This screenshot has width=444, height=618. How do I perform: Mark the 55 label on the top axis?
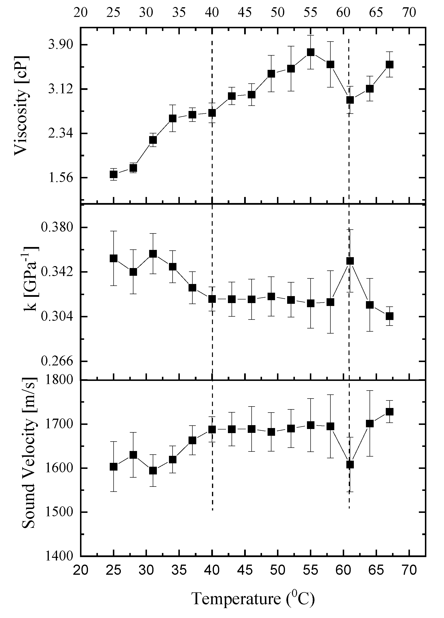tap(310, 13)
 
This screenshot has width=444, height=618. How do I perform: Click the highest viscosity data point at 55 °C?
tap(310, 52)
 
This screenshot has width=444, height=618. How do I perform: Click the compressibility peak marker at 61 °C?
tap(350, 261)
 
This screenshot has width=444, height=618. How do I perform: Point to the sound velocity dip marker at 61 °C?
tap(350, 465)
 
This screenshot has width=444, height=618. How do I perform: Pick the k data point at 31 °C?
tap(153, 254)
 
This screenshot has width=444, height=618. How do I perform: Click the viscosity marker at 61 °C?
tap(350, 100)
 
